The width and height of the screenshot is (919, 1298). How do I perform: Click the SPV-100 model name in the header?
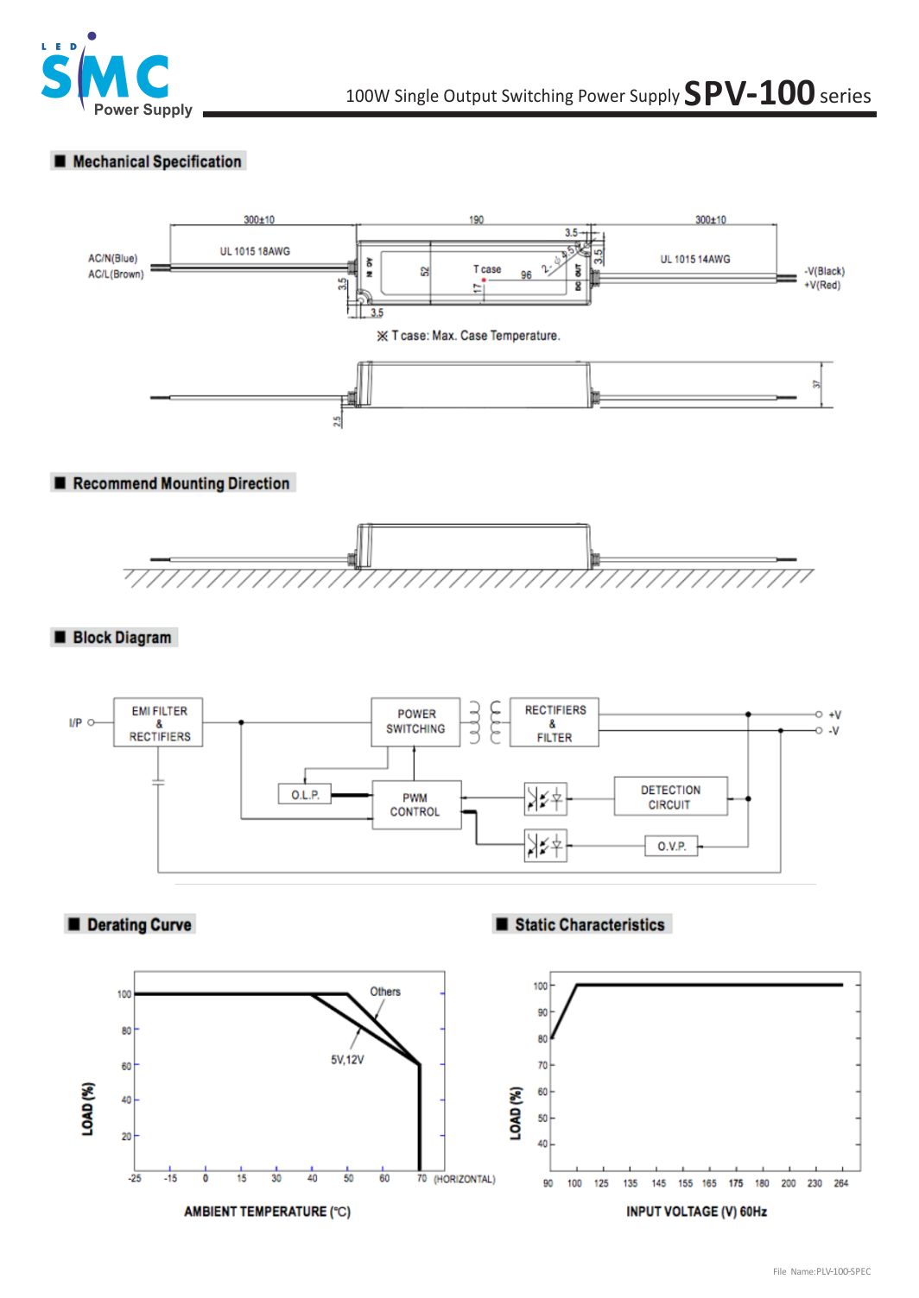pyautogui.click(x=749, y=93)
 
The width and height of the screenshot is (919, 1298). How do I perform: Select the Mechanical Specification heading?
pyautogui.click(x=156, y=161)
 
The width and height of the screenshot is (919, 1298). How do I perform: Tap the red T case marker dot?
pyautogui.click(x=484, y=280)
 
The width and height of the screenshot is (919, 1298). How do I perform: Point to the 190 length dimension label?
pyautogui.click(x=476, y=220)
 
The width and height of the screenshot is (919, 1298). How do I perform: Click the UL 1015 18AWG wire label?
pyautogui.click(x=255, y=251)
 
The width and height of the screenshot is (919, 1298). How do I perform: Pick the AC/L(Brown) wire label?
pyautogui.click(x=116, y=274)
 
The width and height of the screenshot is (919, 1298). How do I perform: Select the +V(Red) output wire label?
pyautogui.click(x=821, y=286)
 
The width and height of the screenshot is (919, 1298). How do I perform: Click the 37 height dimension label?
pyautogui.click(x=817, y=384)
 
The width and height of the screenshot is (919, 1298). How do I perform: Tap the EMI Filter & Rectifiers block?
pyautogui.click(x=159, y=723)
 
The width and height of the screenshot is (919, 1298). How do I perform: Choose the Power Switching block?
pyautogui.click(x=415, y=721)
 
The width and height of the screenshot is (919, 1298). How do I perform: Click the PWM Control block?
pyautogui.click(x=415, y=805)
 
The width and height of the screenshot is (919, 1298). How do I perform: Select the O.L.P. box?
pyautogui.click(x=305, y=795)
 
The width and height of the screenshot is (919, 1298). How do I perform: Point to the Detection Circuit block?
pyautogui.click(x=670, y=797)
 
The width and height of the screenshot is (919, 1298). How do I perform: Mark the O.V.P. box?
pyautogui.click(x=671, y=847)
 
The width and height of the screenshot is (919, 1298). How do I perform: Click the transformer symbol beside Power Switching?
pyautogui.click(x=485, y=722)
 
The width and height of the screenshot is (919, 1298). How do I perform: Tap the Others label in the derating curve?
pyautogui.click(x=385, y=992)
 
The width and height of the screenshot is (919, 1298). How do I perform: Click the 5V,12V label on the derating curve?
pyautogui.click(x=347, y=1060)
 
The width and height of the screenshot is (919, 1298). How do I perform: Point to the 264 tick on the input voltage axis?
pyautogui.click(x=841, y=1183)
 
